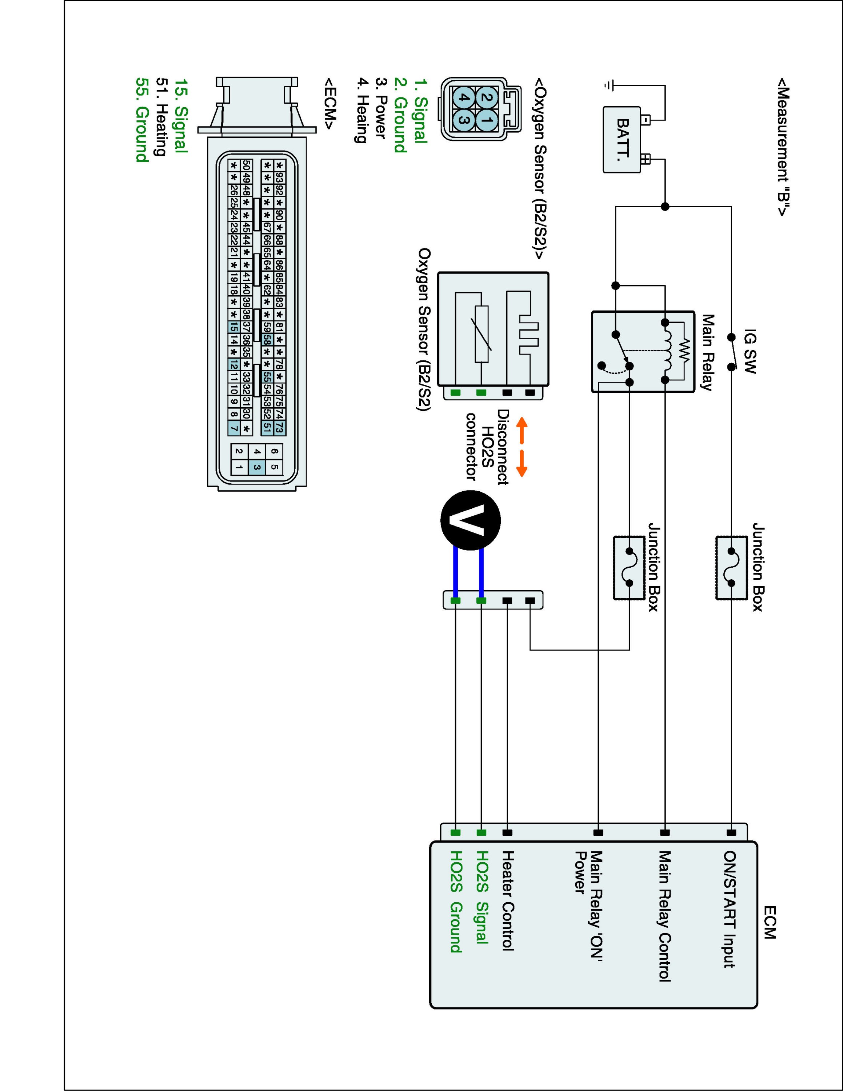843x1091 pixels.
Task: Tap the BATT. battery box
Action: tap(622, 140)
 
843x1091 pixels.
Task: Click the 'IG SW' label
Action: tap(750, 351)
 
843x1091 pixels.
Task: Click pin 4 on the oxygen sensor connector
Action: tap(463, 97)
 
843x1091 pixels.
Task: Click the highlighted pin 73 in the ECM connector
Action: tap(279, 428)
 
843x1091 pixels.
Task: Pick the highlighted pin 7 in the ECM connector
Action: tap(233, 428)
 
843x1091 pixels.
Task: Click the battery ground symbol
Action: tap(607, 86)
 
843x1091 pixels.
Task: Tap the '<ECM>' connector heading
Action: tap(329, 103)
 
